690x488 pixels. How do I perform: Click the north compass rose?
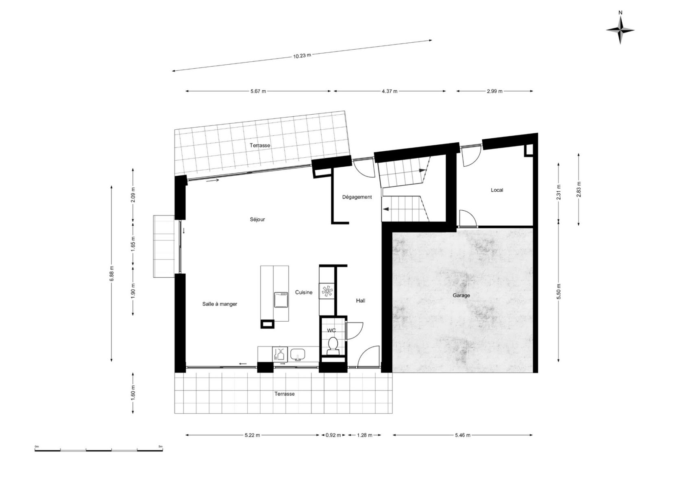pos(620,30)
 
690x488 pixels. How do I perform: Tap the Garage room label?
pos(461,296)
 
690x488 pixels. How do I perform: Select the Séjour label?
pos(257,220)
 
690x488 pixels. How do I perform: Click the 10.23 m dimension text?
pos(302,56)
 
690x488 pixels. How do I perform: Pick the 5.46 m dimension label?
pos(463,435)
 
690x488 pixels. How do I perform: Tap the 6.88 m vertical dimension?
pos(111,273)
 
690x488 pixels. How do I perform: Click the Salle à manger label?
pos(220,304)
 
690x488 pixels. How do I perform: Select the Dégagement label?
pos(357,197)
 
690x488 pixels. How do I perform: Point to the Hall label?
pos(360,301)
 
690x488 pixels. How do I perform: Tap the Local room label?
pos(497,190)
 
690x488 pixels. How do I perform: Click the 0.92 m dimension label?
pos(333,435)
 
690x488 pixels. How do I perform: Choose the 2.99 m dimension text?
pos(494,91)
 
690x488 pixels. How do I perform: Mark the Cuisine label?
pos(304,292)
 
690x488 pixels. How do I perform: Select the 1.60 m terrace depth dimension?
pos(133,393)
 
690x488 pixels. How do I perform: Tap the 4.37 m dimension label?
pos(390,91)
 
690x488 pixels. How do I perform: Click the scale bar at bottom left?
pos(98,450)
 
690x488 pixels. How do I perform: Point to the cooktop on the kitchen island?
pos(281,300)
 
